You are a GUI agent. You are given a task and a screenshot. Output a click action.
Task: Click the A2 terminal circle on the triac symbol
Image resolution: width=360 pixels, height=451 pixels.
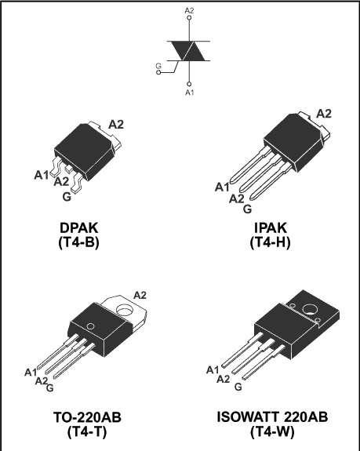pos(189,18)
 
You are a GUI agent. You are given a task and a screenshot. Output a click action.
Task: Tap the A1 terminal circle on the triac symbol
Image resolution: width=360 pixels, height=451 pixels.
pos(189,84)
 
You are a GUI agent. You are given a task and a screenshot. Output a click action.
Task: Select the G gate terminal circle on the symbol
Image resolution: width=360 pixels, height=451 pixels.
pos(158,72)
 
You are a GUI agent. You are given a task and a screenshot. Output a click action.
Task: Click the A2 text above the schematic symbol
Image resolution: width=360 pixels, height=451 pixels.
pos(189,11)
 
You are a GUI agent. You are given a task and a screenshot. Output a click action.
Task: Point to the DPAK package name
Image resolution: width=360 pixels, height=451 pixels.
pos(79,227)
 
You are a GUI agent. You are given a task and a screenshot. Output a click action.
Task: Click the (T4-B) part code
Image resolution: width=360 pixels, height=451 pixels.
pos(78,242)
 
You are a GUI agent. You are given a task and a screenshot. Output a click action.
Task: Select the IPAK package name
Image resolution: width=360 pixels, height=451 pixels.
pos(271,227)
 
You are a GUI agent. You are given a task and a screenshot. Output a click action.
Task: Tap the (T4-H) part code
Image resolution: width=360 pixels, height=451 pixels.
pos(270,242)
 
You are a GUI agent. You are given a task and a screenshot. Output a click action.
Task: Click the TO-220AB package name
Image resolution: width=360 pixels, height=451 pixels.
pos(87,417)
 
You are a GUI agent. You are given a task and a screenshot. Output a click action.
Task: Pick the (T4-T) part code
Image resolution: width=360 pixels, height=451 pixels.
pos(87,431)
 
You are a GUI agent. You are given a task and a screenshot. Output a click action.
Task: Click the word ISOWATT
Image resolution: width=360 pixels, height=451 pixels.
pos(248,417)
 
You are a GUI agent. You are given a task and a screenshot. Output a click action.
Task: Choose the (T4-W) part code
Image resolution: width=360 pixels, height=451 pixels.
pos(272,431)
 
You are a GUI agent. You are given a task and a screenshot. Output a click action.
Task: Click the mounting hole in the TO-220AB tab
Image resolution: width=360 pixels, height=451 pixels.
pos(125,311)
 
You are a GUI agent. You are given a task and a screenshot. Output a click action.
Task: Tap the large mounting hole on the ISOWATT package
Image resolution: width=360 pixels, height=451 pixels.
pos(310,310)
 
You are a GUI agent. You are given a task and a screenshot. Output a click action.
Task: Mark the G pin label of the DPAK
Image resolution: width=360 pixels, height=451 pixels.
pos(67,197)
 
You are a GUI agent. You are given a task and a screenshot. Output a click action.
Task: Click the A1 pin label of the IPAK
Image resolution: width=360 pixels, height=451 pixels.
pos(222,187)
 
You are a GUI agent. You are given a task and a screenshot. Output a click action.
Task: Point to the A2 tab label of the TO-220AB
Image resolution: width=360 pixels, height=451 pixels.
pos(140,295)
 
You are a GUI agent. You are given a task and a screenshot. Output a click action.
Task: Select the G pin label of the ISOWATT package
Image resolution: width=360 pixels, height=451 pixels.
pos(238,387)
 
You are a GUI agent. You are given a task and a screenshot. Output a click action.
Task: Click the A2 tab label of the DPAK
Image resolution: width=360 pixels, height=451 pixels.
pos(116,125)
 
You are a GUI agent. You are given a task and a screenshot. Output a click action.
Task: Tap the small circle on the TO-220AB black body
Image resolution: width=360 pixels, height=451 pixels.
pos(90,326)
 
